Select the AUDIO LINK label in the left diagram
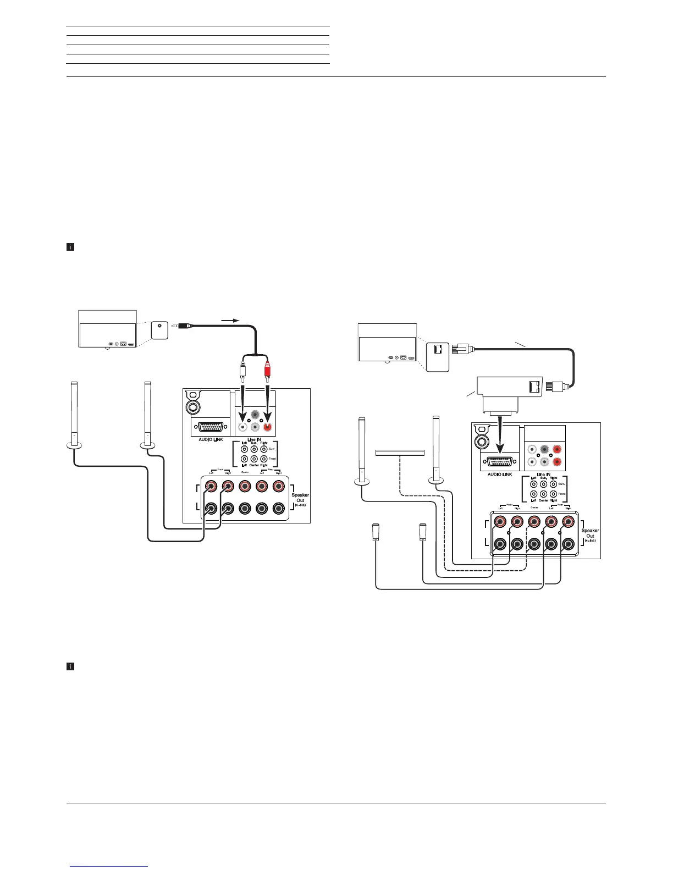click(207, 440)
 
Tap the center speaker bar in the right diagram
click(400, 453)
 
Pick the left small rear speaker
click(376, 532)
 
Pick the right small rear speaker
click(423, 532)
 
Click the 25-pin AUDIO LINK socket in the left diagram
click(207, 427)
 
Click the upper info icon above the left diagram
click(70, 247)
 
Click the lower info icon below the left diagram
click(70, 666)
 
